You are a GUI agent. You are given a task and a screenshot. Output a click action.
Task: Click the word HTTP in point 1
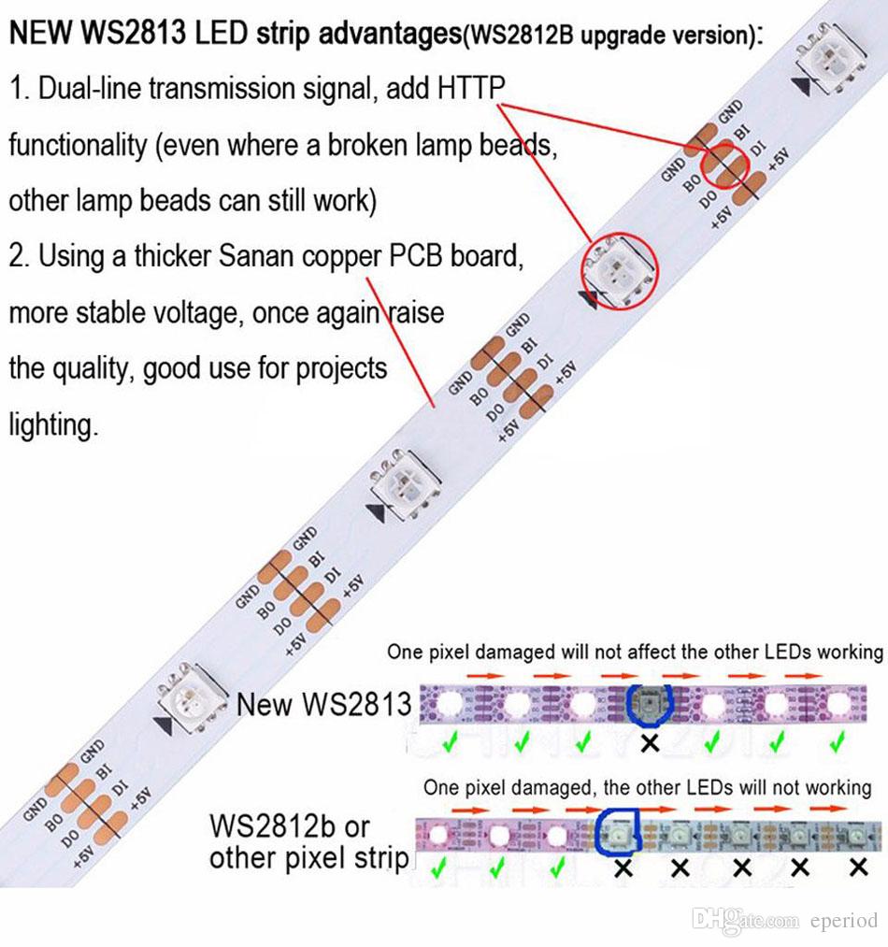pyautogui.click(x=471, y=89)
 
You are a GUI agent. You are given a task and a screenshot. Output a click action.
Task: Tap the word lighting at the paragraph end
pyautogui.click(x=52, y=425)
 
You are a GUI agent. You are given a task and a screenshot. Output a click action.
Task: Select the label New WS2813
pyautogui.click(x=323, y=704)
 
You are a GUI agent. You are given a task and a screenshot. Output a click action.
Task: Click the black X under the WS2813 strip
pyautogui.click(x=650, y=743)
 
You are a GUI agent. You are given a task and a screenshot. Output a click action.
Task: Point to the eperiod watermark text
pyautogui.click(x=843, y=922)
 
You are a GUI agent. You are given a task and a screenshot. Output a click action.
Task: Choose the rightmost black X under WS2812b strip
pyautogui.click(x=858, y=868)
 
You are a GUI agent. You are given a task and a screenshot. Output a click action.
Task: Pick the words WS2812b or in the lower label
pyautogui.click(x=290, y=826)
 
